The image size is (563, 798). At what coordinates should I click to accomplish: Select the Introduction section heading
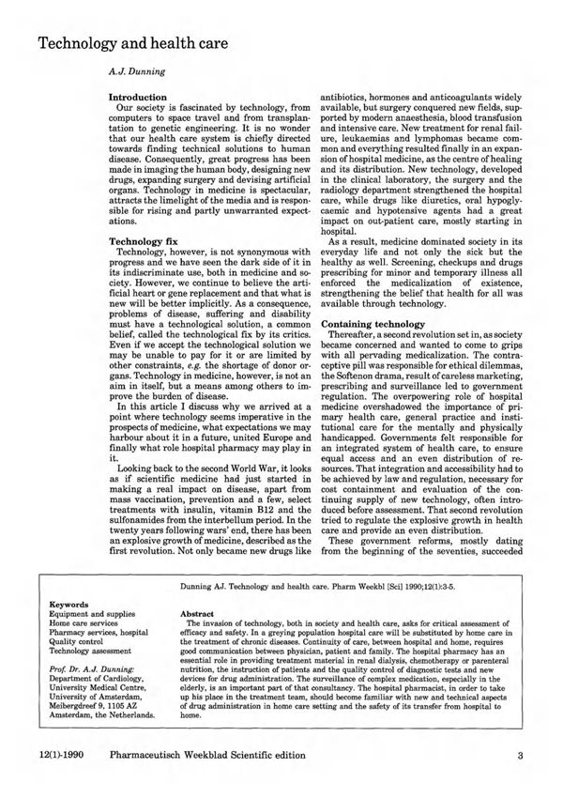click(x=138, y=97)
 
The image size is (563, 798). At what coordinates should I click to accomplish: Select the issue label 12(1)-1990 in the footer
click(x=65, y=757)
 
